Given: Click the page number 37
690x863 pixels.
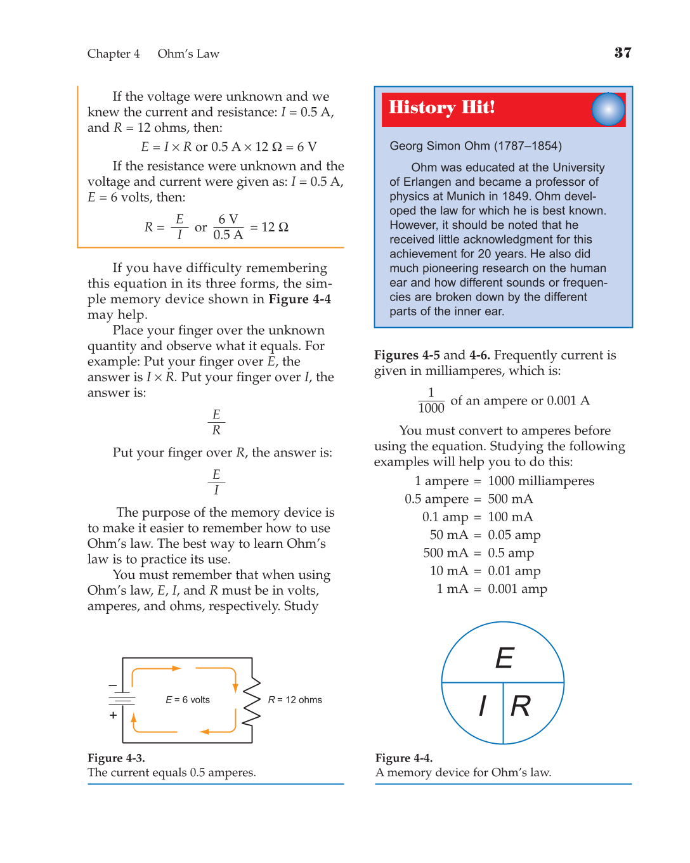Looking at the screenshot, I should tap(622, 53).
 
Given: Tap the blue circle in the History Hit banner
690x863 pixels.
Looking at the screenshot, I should tap(608, 109).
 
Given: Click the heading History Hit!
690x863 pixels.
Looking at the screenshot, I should tap(441, 107).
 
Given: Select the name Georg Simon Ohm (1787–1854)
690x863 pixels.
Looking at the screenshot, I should tap(476, 146).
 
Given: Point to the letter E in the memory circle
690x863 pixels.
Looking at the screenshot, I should tap(505, 658).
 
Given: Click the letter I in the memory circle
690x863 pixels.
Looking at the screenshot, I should tap(483, 706).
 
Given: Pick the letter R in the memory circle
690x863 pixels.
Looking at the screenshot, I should tap(521, 706).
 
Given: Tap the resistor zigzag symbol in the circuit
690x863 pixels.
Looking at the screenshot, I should tap(252, 700).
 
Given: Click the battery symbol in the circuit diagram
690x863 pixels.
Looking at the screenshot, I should tap(122, 699).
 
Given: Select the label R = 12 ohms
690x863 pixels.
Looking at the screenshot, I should tap(295, 700).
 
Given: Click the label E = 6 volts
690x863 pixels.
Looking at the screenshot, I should tap(188, 700).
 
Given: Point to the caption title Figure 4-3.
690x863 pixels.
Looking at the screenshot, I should tap(116, 758).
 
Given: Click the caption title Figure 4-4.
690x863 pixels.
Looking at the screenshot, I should tap(404, 758).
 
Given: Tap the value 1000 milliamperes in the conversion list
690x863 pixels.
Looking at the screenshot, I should tap(541, 481).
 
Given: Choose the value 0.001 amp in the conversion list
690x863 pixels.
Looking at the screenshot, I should tap(517, 589).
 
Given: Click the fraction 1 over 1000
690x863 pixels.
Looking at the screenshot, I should tap(431, 401).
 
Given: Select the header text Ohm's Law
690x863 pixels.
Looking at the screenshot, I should tap(188, 54).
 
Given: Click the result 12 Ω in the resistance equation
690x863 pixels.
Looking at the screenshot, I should tap(275, 227).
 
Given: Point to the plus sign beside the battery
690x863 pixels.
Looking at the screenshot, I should tap(113, 715).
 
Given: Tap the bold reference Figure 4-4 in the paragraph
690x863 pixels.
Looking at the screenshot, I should tap(300, 299).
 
